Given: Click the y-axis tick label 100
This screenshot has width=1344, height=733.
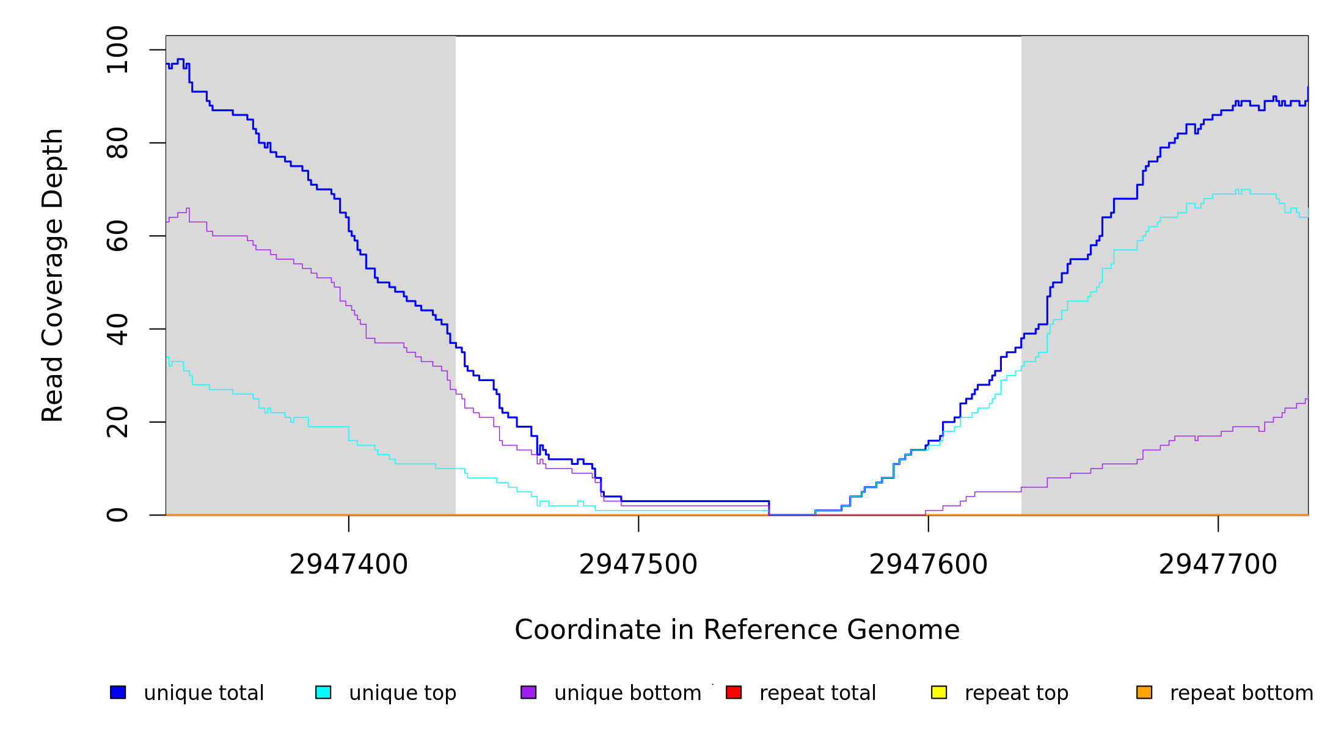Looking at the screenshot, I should click(117, 50).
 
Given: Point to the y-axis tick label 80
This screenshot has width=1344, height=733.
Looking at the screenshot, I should click(117, 143).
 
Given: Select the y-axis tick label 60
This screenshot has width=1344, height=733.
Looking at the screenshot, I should click(117, 236).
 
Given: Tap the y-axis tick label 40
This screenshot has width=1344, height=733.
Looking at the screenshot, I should click(117, 329).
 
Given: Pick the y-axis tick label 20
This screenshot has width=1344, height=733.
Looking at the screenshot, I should click(117, 422).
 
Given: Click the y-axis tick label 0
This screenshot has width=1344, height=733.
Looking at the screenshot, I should click(117, 515).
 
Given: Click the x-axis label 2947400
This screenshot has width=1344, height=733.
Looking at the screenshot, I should click(348, 564).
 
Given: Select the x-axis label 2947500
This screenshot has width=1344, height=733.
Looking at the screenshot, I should click(638, 564).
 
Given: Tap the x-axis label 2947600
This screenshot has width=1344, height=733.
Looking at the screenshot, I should click(928, 564).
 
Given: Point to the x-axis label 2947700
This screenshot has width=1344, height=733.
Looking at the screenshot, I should click(1218, 564).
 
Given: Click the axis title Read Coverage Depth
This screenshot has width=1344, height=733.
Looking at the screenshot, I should click(53, 275).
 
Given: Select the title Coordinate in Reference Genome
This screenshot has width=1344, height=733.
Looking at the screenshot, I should click(737, 630).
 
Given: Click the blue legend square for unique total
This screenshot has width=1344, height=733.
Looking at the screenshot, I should click(118, 692).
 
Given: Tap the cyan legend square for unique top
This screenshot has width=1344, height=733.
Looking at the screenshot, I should click(323, 692).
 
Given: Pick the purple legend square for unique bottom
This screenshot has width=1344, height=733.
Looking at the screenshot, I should click(528, 692).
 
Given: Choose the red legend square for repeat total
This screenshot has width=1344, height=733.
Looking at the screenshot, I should click(734, 692).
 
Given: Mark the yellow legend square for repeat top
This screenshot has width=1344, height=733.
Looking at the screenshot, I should click(939, 692).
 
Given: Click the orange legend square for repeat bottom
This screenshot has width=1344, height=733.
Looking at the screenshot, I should click(1144, 692).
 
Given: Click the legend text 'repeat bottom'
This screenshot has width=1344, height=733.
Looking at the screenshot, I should click(1241, 693).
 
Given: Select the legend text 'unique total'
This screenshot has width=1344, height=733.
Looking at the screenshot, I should click(203, 693).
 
